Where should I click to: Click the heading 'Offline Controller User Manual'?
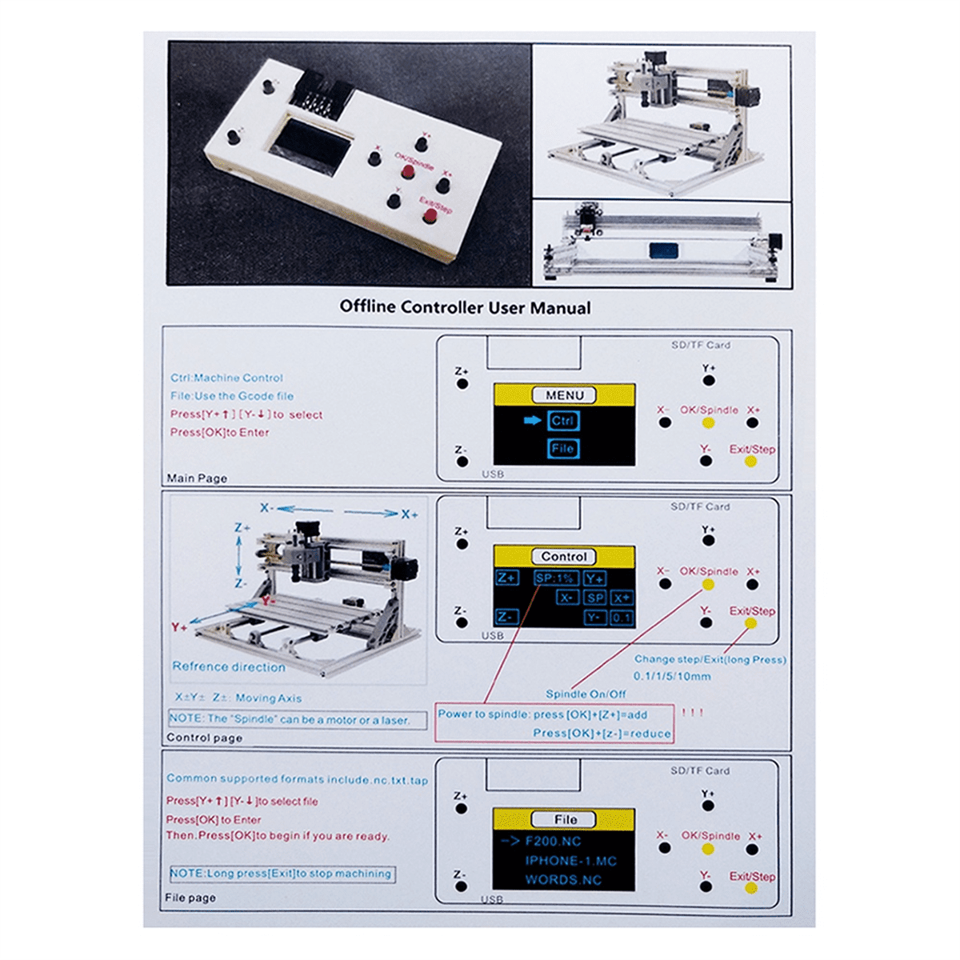[465, 307]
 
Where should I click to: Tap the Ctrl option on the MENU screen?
[562, 421]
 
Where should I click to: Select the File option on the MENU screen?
[563, 449]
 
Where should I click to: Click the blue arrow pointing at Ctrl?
[533, 421]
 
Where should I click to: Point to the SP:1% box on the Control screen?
[555, 578]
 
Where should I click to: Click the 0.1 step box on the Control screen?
[622, 618]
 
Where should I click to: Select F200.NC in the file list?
[553, 842]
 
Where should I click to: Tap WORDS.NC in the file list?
[563, 880]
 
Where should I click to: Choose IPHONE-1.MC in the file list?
[571, 861]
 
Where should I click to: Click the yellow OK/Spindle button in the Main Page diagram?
[708, 423]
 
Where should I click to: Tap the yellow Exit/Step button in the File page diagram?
[751, 888]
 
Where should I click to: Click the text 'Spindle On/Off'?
[586, 694]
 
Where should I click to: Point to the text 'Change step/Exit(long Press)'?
[710, 659]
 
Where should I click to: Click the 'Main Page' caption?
[197, 478]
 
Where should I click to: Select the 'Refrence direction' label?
[229, 666]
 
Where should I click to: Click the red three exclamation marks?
[692, 712]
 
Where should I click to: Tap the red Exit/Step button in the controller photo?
[430, 215]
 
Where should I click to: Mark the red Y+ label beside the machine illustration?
[179, 628]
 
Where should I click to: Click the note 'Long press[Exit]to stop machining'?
[282, 874]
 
